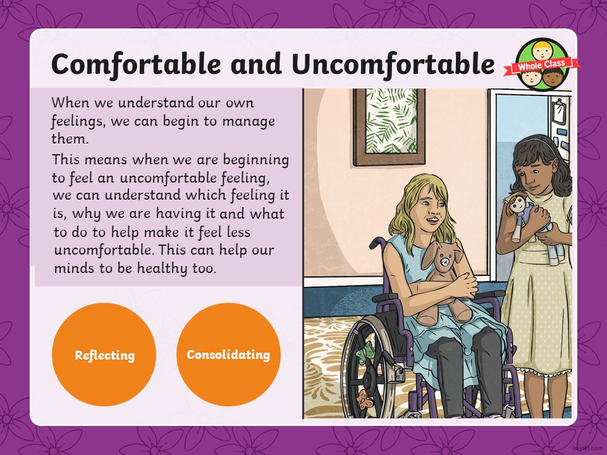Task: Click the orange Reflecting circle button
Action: pos(104,355)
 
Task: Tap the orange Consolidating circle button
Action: pos(228,355)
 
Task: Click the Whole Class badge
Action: pos(542,64)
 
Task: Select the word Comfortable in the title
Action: pos(136,64)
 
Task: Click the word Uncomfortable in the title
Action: pos(393,64)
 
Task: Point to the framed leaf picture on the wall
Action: pos(389,127)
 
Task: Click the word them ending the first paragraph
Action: pos(70,138)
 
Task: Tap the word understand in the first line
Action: pos(156,103)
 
